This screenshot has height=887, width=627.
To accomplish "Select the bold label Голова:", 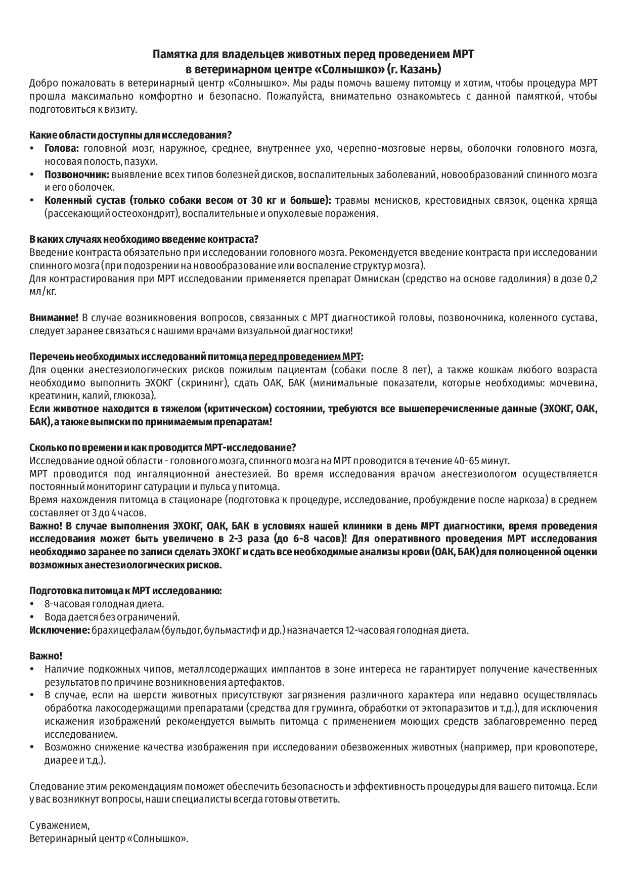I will [61, 149].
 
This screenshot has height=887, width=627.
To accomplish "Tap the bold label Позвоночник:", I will [76, 175].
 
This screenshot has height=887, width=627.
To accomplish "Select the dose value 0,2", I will [591, 278].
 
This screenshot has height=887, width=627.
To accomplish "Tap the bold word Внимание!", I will [54, 318].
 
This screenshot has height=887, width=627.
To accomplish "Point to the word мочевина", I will [573, 383].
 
